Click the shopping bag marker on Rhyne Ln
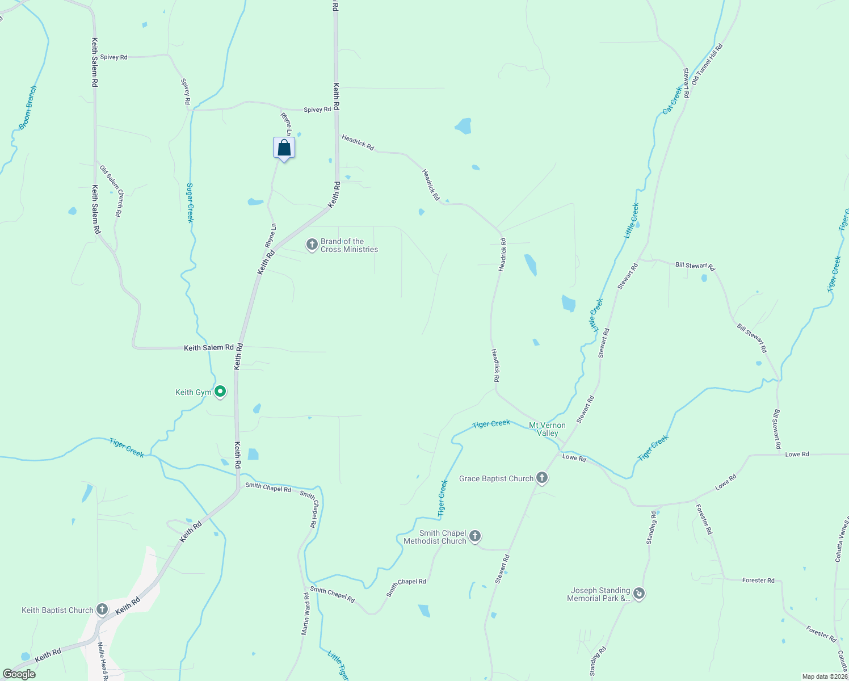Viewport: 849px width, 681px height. click(284, 149)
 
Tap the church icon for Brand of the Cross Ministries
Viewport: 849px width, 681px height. click(312, 245)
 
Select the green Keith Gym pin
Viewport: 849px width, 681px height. click(220, 392)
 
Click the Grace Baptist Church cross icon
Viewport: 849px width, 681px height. click(542, 478)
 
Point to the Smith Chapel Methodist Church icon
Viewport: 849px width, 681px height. click(475, 536)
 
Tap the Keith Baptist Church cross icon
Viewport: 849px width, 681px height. click(102, 610)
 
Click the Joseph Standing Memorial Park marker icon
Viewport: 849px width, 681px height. click(639, 594)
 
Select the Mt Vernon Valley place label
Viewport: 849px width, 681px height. click(547, 429)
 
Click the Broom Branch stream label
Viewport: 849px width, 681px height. click(28, 107)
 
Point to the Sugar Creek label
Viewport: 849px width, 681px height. click(190, 203)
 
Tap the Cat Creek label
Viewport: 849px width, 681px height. click(673, 100)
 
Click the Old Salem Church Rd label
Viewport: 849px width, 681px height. click(111, 191)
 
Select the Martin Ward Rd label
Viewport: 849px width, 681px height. click(306, 614)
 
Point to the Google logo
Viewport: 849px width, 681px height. click(19, 674)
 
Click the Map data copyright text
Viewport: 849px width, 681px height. click(824, 676)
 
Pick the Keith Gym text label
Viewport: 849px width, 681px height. click(193, 392)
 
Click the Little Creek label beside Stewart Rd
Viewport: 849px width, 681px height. click(632, 220)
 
